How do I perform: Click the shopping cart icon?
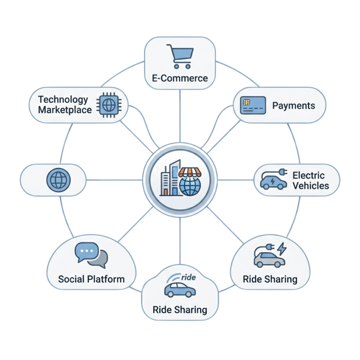(180, 56)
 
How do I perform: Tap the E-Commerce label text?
(180, 78)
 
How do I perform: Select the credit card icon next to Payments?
(253, 105)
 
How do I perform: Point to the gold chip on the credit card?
(246, 102)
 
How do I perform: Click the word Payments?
(294, 105)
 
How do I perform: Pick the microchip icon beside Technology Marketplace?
(109, 105)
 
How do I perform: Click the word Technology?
(63, 100)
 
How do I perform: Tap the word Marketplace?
(65, 110)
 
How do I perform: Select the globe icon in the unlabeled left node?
(58, 180)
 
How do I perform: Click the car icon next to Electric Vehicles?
(274, 179)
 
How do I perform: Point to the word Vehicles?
(311, 186)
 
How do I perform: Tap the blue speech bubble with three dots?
(87, 252)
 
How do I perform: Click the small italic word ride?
(188, 277)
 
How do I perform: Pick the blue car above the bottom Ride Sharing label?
(180, 290)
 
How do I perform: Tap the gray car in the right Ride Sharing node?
(269, 260)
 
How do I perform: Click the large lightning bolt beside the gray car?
(282, 249)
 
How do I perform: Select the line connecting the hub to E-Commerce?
(180, 116)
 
